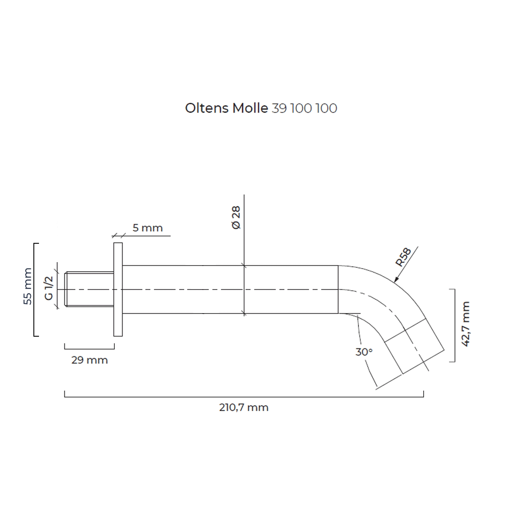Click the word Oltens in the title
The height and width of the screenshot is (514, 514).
point(207,108)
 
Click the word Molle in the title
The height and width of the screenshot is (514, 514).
point(250,108)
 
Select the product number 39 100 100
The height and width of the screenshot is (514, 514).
point(305,108)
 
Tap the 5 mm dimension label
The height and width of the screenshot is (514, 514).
point(147,228)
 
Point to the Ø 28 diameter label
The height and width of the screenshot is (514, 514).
point(236,218)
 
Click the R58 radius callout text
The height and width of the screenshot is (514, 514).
point(403,257)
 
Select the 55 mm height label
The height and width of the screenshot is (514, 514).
point(27,286)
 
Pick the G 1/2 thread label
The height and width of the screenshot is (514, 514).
point(49,288)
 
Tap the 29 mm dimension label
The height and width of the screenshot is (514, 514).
point(90,360)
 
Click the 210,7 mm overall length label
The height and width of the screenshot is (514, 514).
point(244,407)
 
